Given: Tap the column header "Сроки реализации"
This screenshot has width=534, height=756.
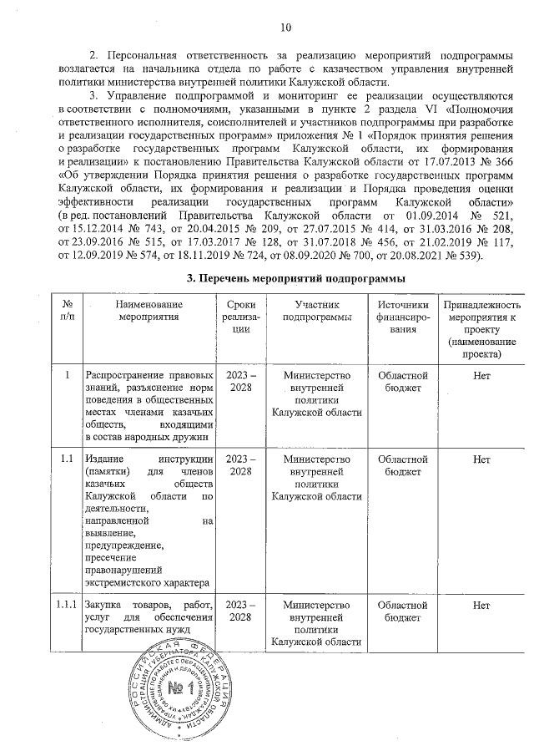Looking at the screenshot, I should pyautogui.click(x=242, y=318).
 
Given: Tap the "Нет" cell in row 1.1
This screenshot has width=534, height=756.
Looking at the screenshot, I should pyautogui.click(x=481, y=459).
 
